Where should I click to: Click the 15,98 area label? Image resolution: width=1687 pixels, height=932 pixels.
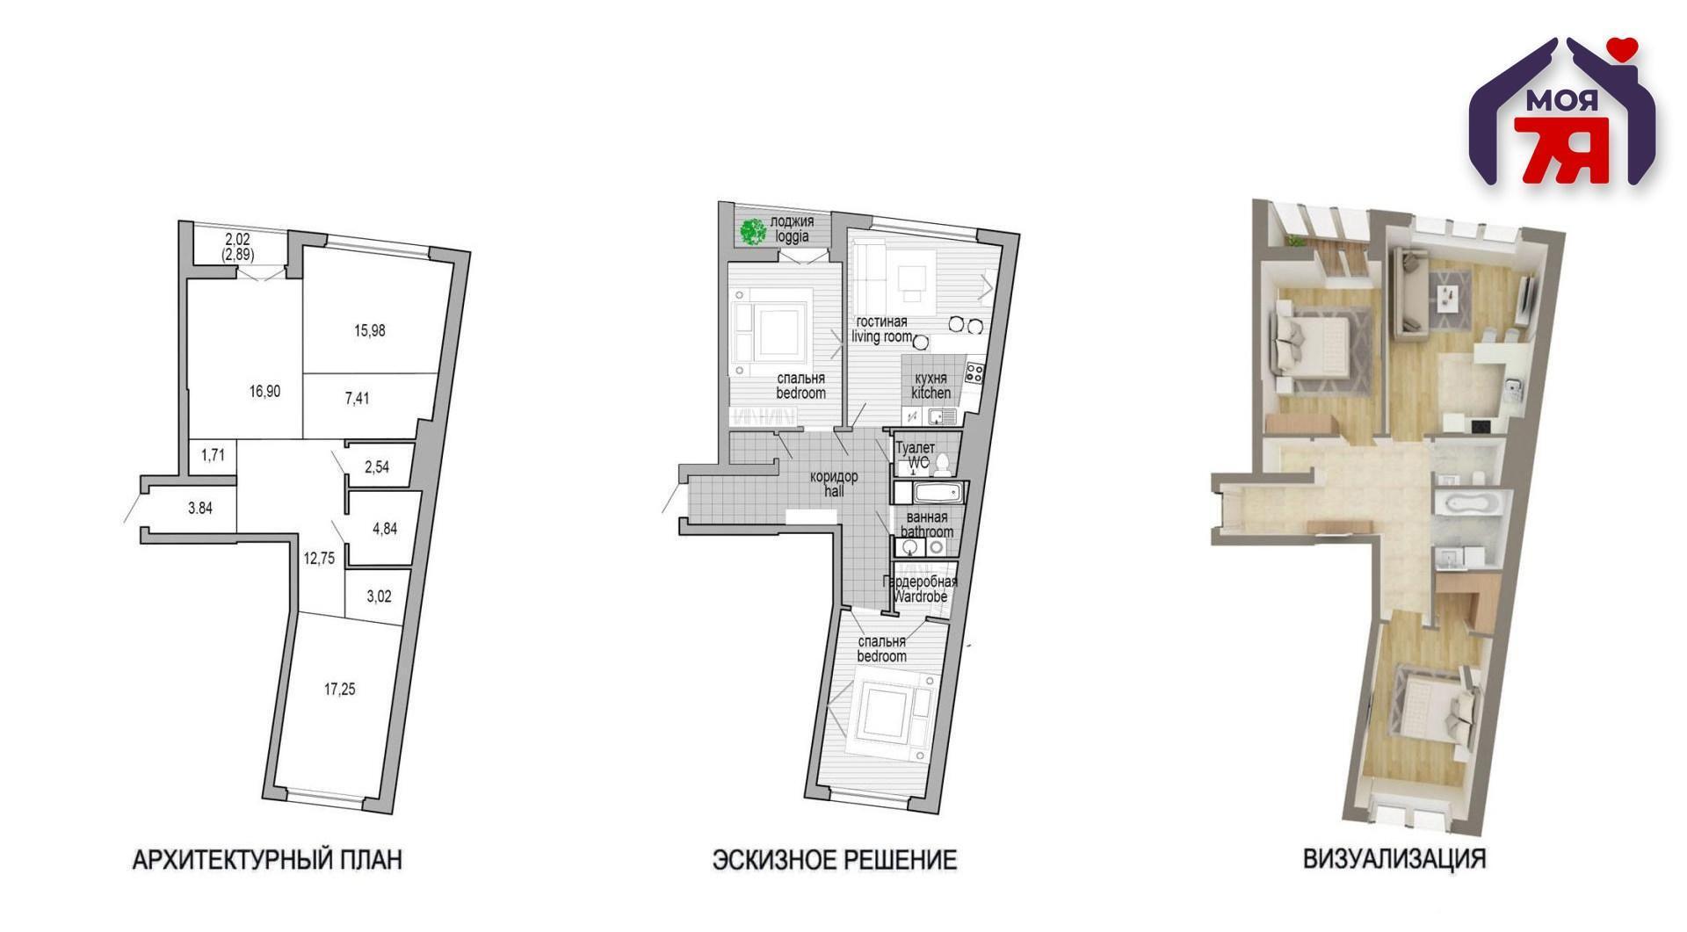coord(371,331)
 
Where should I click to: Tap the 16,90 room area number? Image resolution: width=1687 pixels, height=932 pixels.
coord(264,392)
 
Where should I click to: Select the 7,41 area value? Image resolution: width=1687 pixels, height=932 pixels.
coord(357,398)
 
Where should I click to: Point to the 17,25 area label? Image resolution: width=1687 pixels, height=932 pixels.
coord(340,690)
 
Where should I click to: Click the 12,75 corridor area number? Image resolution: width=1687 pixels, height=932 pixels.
coord(319,558)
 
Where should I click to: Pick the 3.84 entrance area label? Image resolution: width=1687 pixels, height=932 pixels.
coord(200,508)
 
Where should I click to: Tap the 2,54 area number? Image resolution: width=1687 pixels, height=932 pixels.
coord(376,467)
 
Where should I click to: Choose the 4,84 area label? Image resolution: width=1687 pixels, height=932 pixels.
coord(386,529)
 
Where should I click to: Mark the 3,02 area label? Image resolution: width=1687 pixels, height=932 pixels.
coord(379,596)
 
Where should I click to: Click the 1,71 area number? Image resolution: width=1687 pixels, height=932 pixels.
coord(214,455)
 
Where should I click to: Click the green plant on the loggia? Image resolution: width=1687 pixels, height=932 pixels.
coord(752,232)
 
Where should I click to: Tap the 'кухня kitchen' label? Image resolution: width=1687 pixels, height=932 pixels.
coord(931,386)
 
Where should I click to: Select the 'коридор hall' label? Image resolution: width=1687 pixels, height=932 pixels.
coord(834,484)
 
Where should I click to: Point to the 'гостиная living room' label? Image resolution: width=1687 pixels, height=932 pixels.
coord(881,329)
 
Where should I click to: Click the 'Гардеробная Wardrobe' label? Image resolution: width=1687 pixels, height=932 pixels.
coord(921,589)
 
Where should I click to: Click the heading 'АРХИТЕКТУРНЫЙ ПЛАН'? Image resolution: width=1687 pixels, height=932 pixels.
coord(267,859)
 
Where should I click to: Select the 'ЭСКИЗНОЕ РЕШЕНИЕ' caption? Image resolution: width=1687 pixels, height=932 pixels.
coord(834,859)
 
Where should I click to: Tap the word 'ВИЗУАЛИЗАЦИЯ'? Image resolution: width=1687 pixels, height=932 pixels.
coord(1394,858)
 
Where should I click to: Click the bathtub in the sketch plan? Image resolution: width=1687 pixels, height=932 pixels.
coord(930,493)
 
